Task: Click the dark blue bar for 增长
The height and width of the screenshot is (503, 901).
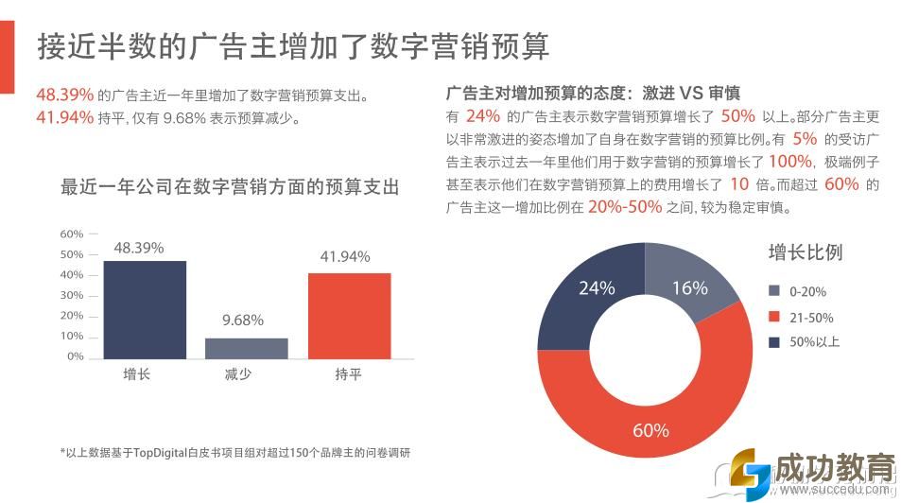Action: (x=145, y=309)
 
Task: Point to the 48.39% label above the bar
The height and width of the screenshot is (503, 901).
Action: (x=139, y=248)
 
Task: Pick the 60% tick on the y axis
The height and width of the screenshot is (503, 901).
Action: (x=72, y=234)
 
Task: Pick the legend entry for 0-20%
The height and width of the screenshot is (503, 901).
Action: (x=799, y=292)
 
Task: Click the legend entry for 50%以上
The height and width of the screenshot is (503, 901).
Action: (x=805, y=341)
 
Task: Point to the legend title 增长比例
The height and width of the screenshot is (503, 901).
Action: (x=805, y=252)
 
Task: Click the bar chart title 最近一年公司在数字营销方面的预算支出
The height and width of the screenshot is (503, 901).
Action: (x=230, y=187)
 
